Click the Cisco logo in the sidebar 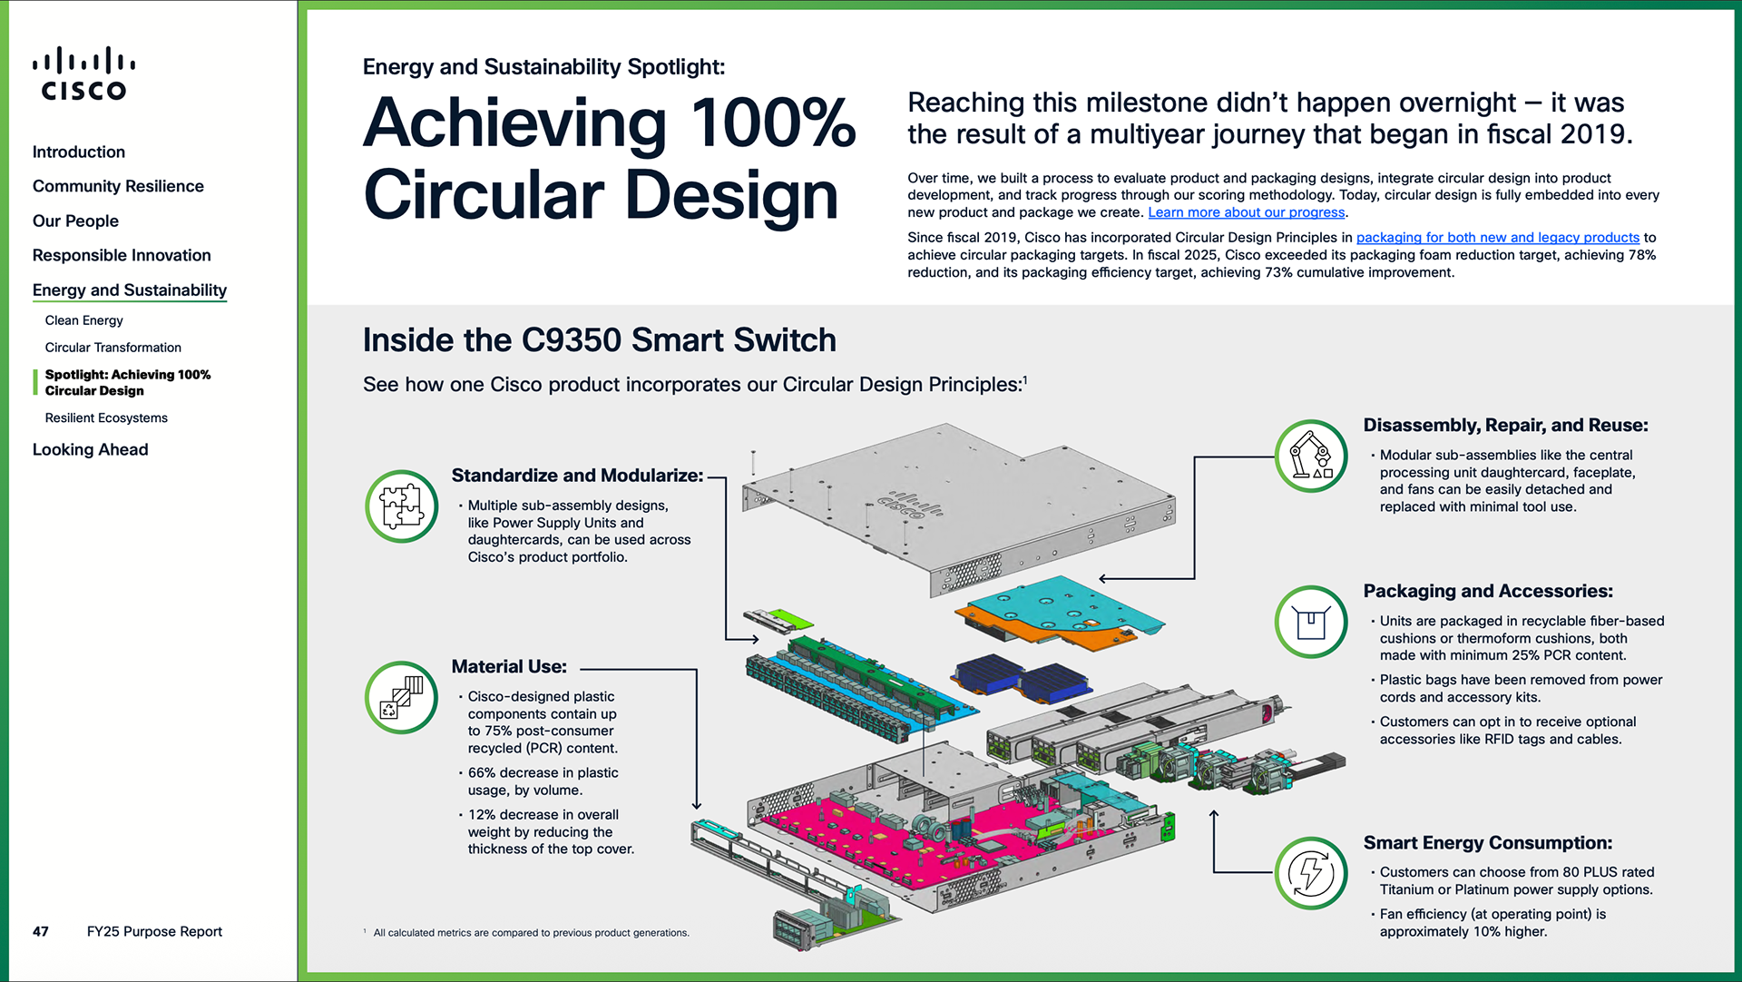coord(83,74)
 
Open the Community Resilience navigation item coord(118,186)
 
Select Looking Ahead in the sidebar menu coord(90,449)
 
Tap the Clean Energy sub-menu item coord(83,320)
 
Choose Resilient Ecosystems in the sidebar coord(106,417)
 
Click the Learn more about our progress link coord(1246,212)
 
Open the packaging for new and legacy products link coord(1497,238)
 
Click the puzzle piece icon coord(402,506)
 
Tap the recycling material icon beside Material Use coord(402,698)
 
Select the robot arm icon coord(1311,456)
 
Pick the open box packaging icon coord(1311,623)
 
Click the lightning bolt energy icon coord(1311,873)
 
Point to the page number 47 coord(41,931)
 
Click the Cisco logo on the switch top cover coord(912,507)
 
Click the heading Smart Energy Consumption coord(1487,843)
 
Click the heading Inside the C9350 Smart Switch coord(599,340)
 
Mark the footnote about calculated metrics coord(531,933)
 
